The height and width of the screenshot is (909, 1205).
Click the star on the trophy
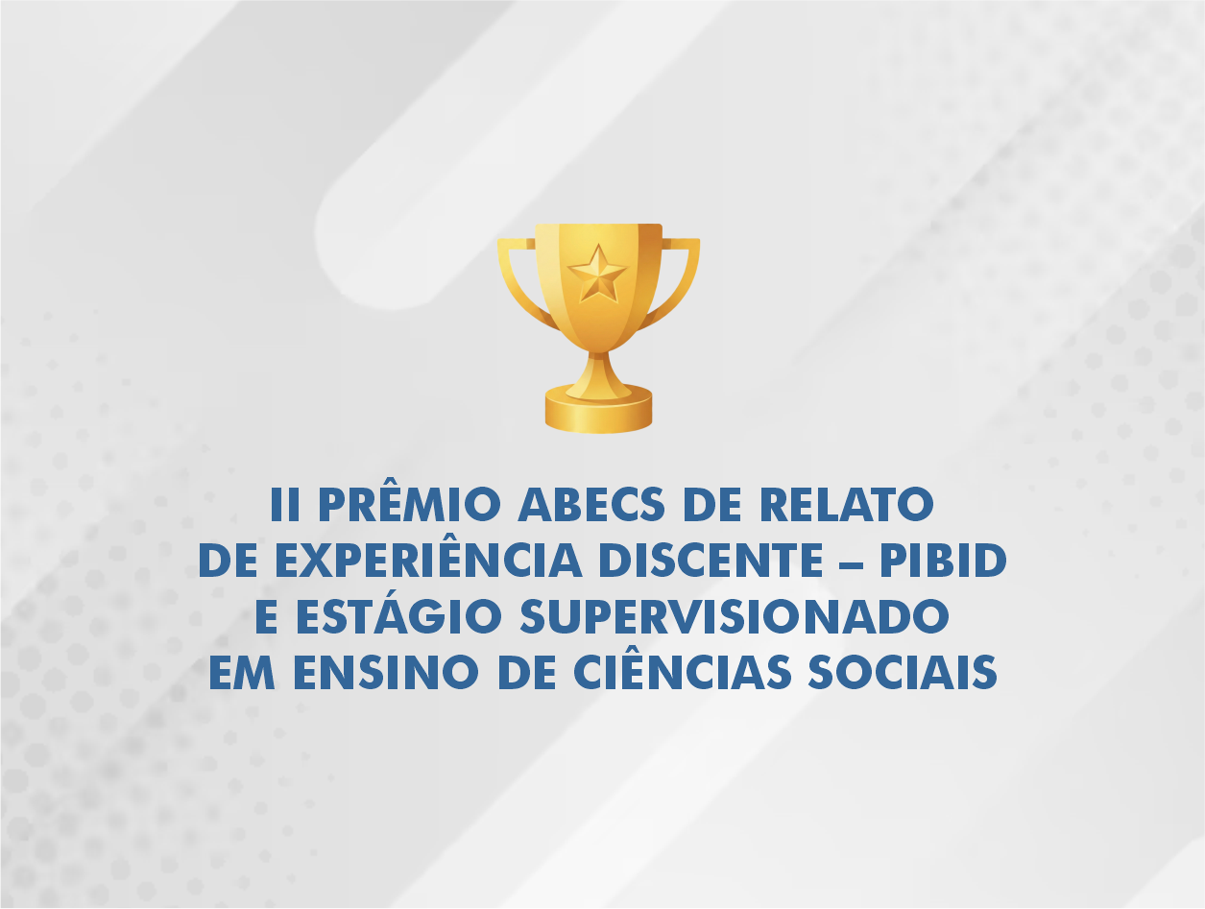(597, 273)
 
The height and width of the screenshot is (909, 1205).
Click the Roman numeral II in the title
(285, 505)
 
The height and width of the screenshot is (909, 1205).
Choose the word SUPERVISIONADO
(734, 618)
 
